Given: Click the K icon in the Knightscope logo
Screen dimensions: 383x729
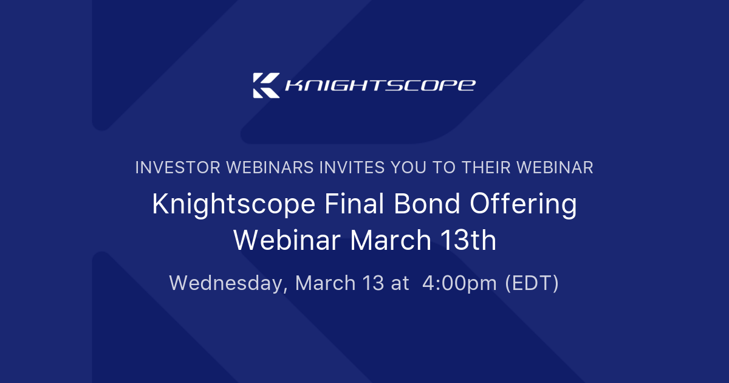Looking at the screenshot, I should tap(266, 85).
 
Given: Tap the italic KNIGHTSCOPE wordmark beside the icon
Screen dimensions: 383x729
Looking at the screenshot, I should tap(380, 85).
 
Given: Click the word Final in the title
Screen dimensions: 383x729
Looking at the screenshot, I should tap(347, 205).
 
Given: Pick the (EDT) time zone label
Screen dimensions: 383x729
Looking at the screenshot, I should tap(532, 283).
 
